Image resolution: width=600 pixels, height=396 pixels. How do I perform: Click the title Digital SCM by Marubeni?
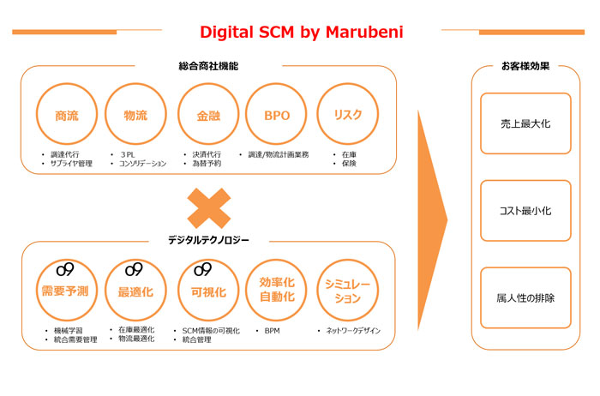pyautogui.click(x=301, y=32)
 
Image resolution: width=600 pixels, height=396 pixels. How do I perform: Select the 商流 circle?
pyautogui.click(x=66, y=115)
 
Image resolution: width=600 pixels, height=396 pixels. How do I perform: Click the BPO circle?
pyautogui.click(x=273, y=115)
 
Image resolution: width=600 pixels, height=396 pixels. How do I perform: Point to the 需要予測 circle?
pyautogui.click(x=66, y=291)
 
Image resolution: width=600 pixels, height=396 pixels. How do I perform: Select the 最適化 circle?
pyautogui.click(x=135, y=291)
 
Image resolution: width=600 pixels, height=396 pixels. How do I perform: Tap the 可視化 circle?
pyautogui.click(x=207, y=291)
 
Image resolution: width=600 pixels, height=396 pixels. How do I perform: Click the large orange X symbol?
pyautogui.click(x=210, y=210)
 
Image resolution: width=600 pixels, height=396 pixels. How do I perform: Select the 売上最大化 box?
pyautogui.click(x=525, y=123)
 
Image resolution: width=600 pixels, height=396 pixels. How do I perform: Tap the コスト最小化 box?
pyautogui.click(x=525, y=210)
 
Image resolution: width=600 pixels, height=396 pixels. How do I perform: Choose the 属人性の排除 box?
pyautogui.click(x=525, y=297)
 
